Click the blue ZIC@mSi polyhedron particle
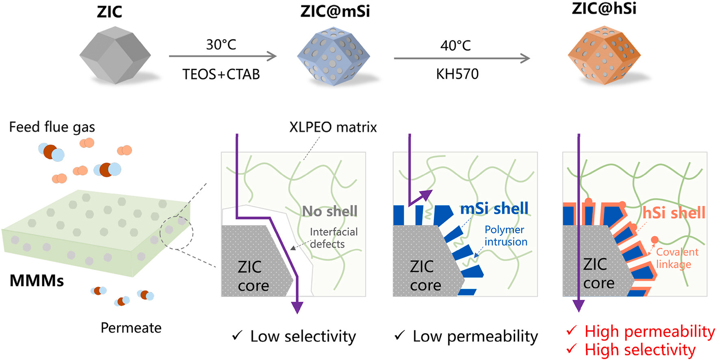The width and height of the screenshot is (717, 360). click(333, 56)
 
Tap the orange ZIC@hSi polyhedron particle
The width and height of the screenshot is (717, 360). click(604, 55)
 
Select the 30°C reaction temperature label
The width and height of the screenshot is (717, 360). click(221, 44)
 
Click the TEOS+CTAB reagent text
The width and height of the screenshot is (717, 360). click(221, 74)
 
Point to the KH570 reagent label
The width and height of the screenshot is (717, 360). click(457, 74)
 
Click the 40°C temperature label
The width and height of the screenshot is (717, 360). click(455, 46)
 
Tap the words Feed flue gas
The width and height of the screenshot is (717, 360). click(52, 127)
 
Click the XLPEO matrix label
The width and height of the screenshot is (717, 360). click(333, 128)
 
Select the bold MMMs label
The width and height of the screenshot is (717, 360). click(37, 281)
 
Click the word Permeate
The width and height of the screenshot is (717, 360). click(131, 327)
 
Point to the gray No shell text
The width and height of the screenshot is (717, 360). click(330, 211)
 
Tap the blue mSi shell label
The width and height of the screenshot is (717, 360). click(494, 208)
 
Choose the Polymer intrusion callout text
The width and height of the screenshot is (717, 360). click(505, 236)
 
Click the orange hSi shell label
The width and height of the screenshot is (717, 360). click(674, 213)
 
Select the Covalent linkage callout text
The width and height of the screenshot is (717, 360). click(677, 258)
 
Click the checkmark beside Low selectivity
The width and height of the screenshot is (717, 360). click(237, 336)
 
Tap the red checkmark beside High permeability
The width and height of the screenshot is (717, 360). click(572, 330)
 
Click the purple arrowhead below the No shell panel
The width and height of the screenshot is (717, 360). click(297, 308)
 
